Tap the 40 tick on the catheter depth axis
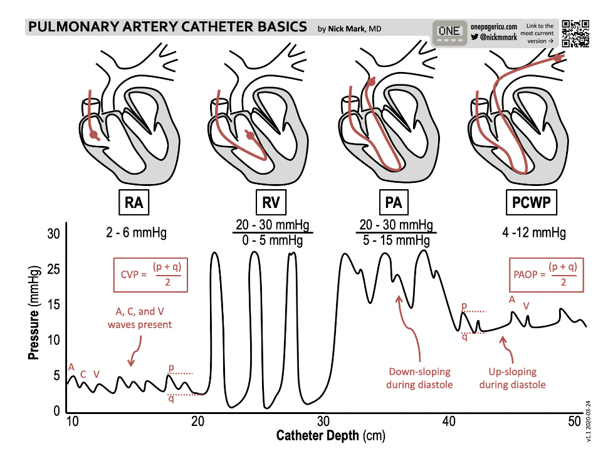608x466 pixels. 449,422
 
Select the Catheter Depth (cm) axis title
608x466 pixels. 323,435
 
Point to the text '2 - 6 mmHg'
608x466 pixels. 137,233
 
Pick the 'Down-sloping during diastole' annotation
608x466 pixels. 419,378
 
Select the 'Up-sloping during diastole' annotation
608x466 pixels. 512,378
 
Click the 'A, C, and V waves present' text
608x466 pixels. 139,318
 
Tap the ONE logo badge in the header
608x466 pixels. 449,31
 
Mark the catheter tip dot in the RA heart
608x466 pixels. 93,135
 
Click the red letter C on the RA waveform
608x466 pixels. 83,375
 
